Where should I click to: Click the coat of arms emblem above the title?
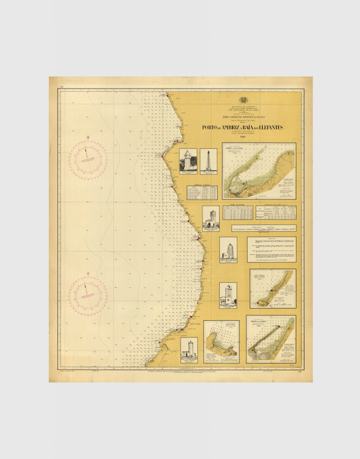point(243,100)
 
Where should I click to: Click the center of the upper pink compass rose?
point(88,160)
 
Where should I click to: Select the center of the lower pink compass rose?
point(88,295)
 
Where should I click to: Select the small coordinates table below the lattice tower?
point(202,193)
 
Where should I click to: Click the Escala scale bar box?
point(264,228)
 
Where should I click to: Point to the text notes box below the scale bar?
point(271,249)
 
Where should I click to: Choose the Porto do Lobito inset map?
point(270,339)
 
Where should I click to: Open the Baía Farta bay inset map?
point(221,342)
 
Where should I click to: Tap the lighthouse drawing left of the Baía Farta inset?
point(189,350)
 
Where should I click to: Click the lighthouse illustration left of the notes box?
point(228,250)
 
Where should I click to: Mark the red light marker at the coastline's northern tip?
point(167,94)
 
